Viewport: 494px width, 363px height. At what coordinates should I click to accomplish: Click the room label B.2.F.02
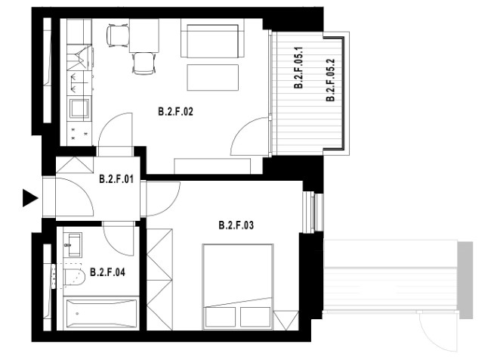point(175,112)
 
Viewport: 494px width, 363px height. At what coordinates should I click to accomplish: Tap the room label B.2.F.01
point(116,178)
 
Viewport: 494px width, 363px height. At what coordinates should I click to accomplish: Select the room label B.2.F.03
point(236,225)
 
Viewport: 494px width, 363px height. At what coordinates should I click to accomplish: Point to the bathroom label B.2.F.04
point(107,271)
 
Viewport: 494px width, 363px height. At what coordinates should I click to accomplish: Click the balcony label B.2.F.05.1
point(298,67)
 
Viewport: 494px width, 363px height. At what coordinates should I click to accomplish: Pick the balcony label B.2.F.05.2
point(330,80)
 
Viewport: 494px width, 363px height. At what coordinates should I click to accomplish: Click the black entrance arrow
point(30,198)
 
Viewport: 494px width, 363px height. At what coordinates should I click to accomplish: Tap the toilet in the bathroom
point(74,278)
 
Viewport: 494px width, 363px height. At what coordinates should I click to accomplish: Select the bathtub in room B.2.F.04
point(101,314)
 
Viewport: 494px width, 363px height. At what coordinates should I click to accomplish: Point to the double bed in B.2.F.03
point(238,287)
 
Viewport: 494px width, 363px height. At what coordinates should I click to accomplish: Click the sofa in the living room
point(213,38)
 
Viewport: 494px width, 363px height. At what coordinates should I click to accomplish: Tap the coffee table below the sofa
point(213,77)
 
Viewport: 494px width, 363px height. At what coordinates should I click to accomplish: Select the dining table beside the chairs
point(144,36)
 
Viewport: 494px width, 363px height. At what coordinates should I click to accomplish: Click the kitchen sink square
point(79,108)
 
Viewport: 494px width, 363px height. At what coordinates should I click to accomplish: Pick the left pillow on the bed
point(221,317)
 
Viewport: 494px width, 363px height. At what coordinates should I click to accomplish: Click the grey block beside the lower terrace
point(465,280)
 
